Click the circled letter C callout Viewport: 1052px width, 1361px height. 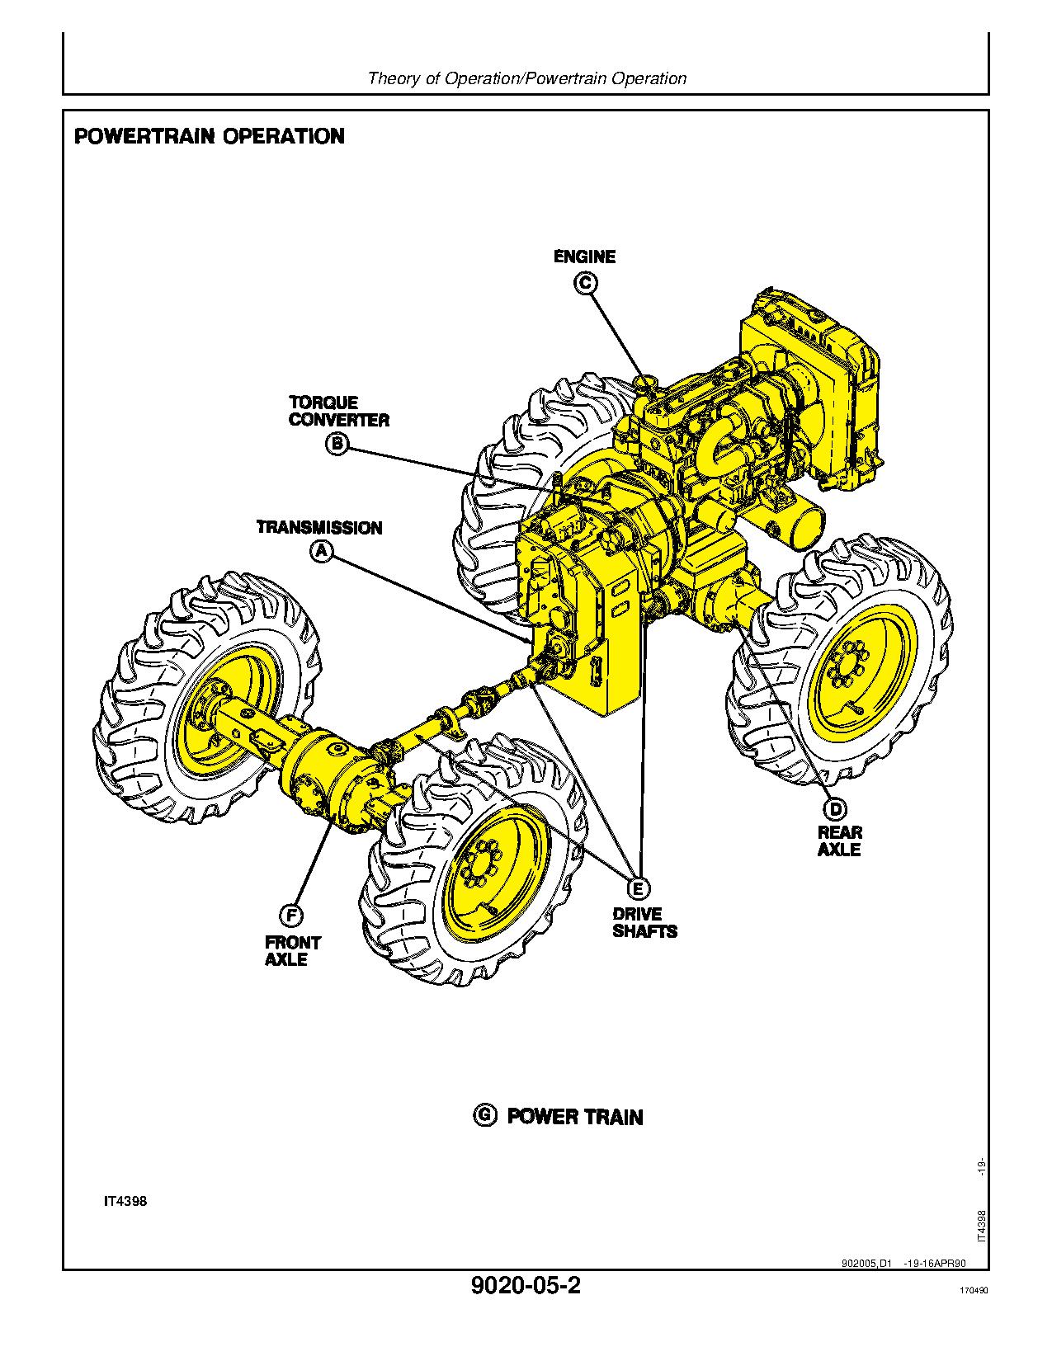pos(585,283)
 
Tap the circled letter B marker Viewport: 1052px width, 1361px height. pos(337,445)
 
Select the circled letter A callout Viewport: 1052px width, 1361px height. pos(321,552)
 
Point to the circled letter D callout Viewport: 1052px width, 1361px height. pos(835,808)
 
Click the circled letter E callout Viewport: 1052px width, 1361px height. pos(637,888)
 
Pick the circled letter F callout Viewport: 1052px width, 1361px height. pos(290,916)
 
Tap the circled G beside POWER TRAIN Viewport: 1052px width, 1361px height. pos(485,1115)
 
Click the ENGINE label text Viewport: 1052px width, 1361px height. pos(584,257)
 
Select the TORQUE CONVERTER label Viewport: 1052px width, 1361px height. pos(338,411)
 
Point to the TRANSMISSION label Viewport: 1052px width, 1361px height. pos(319,527)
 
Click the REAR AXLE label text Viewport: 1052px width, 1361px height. pos(839,841)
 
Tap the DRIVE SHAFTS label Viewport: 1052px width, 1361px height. pos(644,922)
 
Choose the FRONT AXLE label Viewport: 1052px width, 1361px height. pos(292,950)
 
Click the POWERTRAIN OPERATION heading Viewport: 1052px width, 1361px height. pos(210,136)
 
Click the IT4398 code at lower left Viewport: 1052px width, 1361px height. pos(125,1201)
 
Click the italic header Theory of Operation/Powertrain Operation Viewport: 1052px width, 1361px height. pos(526,78)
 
